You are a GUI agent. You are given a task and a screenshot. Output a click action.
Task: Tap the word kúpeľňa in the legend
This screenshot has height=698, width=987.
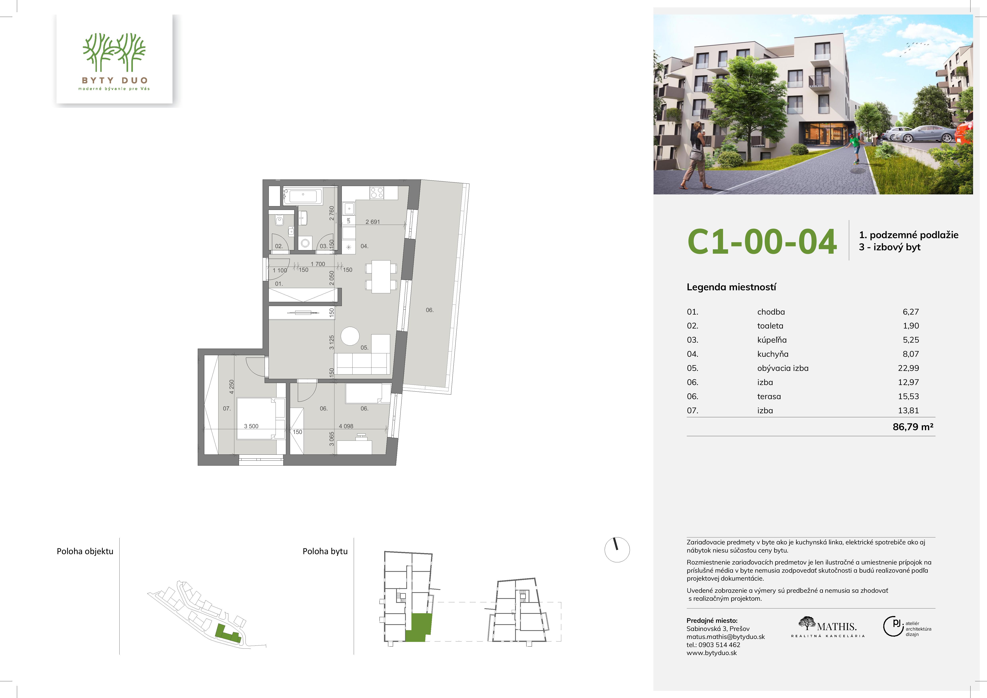[772, 340]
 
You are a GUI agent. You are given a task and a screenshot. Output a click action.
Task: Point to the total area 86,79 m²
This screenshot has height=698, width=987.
[913, 427]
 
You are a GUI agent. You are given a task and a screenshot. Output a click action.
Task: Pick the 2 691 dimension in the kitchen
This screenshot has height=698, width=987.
[373, 222]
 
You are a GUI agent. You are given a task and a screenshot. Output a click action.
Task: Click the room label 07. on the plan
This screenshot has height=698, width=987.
[227, 409]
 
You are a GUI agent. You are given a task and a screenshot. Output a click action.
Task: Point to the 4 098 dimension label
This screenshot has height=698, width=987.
[346, 426]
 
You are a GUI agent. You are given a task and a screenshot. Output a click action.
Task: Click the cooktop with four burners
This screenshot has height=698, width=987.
[377, 193]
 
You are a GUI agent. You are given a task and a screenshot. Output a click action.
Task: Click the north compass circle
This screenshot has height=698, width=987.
[617, 550]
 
